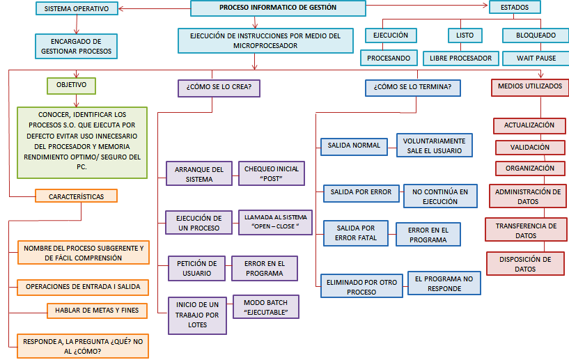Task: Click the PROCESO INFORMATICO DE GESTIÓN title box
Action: (x=278, y=8)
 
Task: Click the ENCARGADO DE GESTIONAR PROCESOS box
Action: (x=76, y=47)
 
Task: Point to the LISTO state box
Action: (x=465, y=36)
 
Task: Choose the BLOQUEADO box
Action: (x=536, y=36)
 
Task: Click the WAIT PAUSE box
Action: (x=536, y=58)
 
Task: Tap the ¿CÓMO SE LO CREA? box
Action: (x=219, y=88)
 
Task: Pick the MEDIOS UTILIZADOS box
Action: (x=530, y=87)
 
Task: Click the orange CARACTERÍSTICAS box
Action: (x=76, y=196)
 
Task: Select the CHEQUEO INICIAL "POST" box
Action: (x=272, y=173)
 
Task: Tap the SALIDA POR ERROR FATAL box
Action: (x=356, y=233)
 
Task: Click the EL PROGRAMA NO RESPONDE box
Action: (x=443, y=283)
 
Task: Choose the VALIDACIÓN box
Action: (x=529, y=148)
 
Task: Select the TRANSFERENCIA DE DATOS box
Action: (x=526, y=230)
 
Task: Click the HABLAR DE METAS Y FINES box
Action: (x=97, y=311)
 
